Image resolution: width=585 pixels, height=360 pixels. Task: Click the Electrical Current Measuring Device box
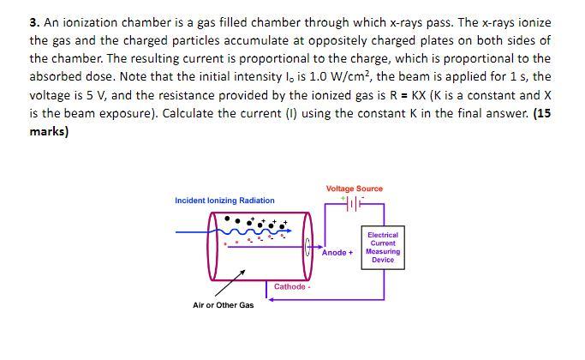click(383, 247)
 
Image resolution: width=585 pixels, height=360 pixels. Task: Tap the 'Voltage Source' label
click(354, 189)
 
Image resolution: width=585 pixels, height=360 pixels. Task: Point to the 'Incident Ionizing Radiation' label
click(224, 201)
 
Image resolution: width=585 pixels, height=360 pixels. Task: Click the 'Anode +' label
click(337, 253)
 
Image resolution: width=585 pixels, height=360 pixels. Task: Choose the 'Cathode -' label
click(291, 286)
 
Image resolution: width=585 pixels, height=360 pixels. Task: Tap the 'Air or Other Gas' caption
click(223, 305)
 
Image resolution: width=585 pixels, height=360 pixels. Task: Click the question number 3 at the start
click(33, 22)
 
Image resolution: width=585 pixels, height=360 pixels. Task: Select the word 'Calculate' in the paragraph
click(190, 113)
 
